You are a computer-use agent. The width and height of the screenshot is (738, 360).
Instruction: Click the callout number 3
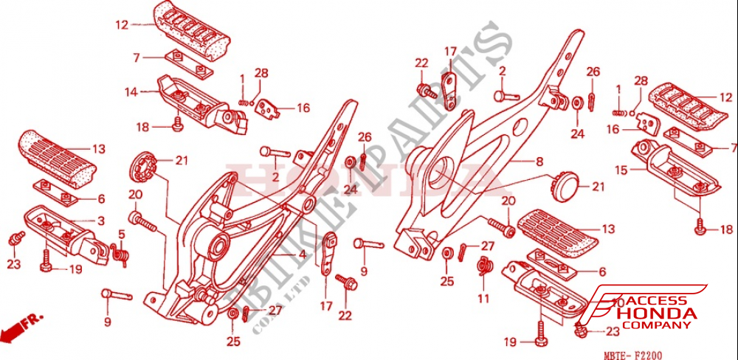tap(100, 221)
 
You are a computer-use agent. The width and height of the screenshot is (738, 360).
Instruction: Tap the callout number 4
tap(302, 255)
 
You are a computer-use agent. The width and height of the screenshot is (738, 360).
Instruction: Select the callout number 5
tap(122, 234)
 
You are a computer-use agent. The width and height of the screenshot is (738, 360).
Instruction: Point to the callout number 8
tap(539, 161)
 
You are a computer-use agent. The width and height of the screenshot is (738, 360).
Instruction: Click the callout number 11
tap(483, 299)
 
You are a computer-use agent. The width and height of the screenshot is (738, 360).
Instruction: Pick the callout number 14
tap(131, 92)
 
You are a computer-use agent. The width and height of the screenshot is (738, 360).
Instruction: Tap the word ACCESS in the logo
tap(658, 301)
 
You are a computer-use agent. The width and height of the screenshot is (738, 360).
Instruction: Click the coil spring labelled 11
tap(485, 266)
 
